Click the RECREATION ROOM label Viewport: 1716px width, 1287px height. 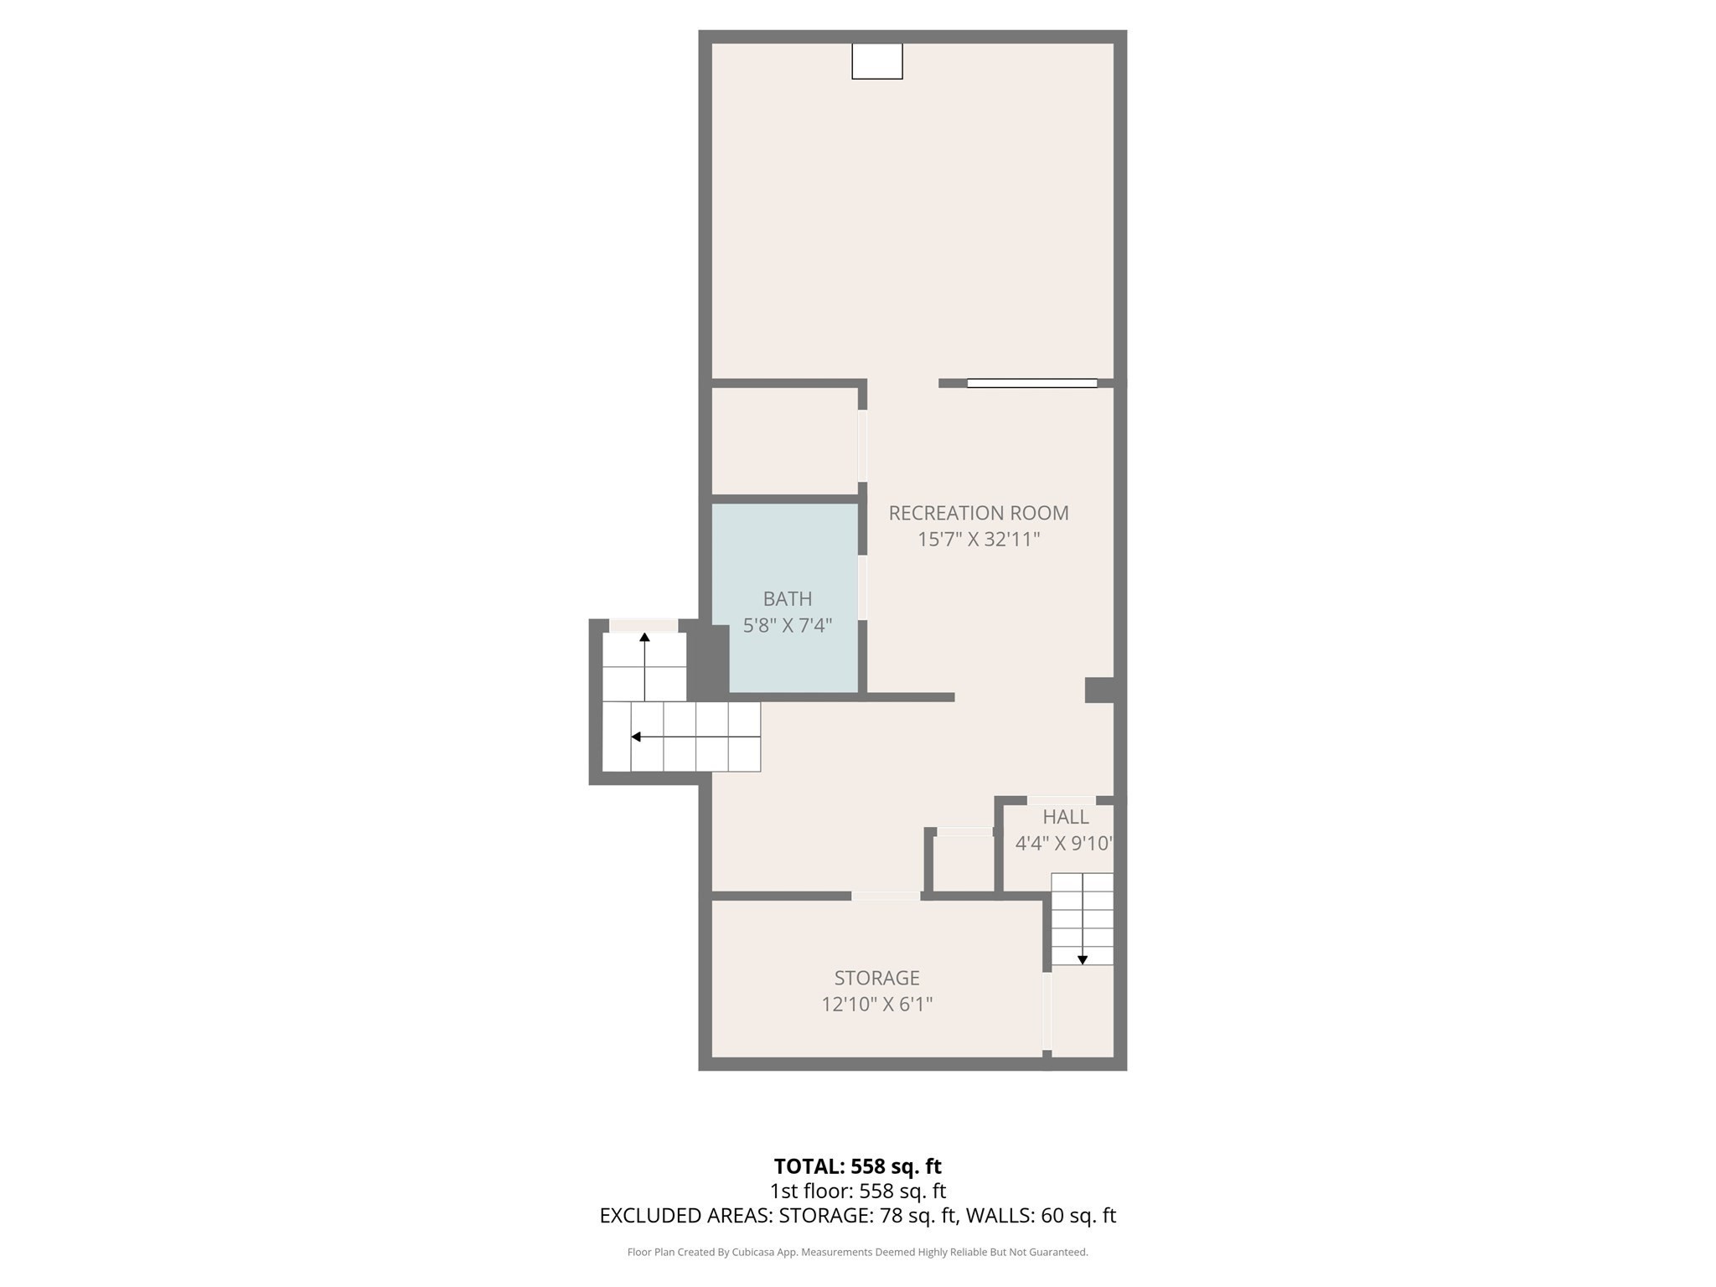(x=979, y=513)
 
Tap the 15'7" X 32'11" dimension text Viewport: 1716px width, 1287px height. (x=979, y=539)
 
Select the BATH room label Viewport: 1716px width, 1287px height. (x=788, y=599)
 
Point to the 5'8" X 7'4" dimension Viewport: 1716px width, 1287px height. (x=788, y=626)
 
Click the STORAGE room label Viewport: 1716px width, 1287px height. (x=877, y=978)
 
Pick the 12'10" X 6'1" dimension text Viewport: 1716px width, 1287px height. (x=877, y=1004)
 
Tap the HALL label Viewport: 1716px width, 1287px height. (x=1066, y=817)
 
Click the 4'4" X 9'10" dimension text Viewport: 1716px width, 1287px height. (x=1064, y=843)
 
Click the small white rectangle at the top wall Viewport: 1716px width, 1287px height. (x=877, y=61)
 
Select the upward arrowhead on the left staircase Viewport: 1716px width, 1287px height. (x=644, y=638)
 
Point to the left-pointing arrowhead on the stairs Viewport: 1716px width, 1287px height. (x=636, y=737)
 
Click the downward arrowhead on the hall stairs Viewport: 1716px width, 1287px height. (x=1083, y=960)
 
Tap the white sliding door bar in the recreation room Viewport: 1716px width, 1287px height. (x=1032, y=384)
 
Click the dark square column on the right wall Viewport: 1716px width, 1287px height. (x=1099, y=690)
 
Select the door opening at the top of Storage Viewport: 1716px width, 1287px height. (x=886, y=897)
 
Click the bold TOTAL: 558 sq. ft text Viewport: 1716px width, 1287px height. (x=858, y=1166)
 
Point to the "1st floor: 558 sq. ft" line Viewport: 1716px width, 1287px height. (x=858, y=1191)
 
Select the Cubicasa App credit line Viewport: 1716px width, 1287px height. (x=858, y=1253)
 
